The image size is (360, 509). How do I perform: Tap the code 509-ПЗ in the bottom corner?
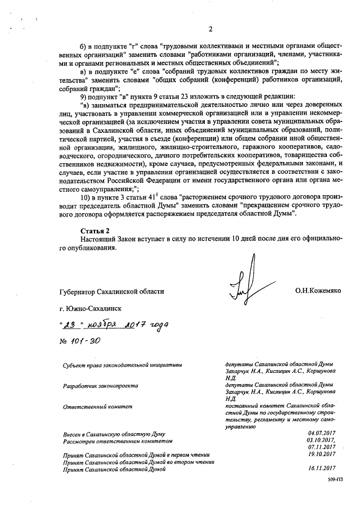pos(335,481)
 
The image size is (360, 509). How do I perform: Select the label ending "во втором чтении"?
pos(135,461)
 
